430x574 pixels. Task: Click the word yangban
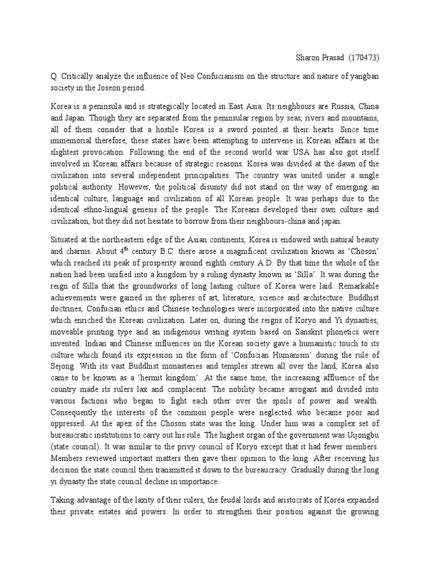click(365, 75)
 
